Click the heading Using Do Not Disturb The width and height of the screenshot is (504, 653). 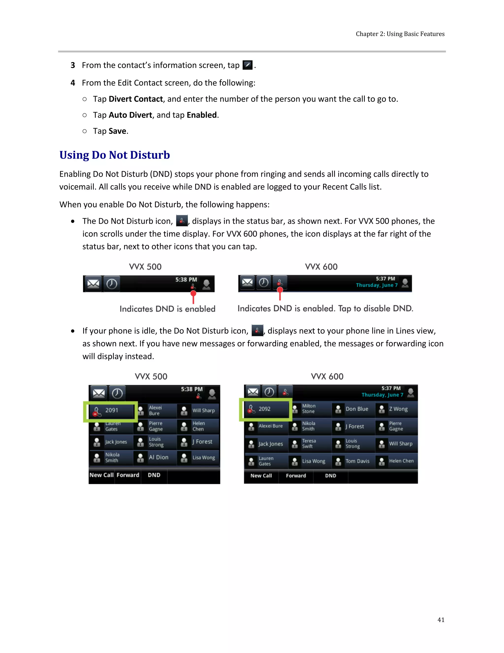click(x=114, y=155)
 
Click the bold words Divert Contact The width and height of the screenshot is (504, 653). click(x=136, y=99)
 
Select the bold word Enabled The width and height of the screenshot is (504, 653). click(x=202, y=115)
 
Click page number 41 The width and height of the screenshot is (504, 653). click(x=441, y=620)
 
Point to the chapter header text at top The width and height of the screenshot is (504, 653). click(x=400, y=34)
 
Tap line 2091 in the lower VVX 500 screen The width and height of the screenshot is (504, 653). click(x=111, y=411)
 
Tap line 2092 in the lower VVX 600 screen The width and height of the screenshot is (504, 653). click(x=265, y=409)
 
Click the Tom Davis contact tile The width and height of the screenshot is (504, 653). click(x=353, y=461)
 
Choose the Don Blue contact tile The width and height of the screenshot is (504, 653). click(x=353, y=409)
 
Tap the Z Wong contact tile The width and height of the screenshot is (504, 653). click(x=396, y=409)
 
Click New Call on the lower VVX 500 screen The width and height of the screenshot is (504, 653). click(x=101, y=475)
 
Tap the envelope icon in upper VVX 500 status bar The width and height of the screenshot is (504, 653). click(x=93, y=283)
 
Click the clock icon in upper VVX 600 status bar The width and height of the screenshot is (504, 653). click(x=263, y=283)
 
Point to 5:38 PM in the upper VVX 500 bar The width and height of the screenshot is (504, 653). click(x=186, y=280)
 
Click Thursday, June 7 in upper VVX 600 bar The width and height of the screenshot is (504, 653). click(x=377, y=285)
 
